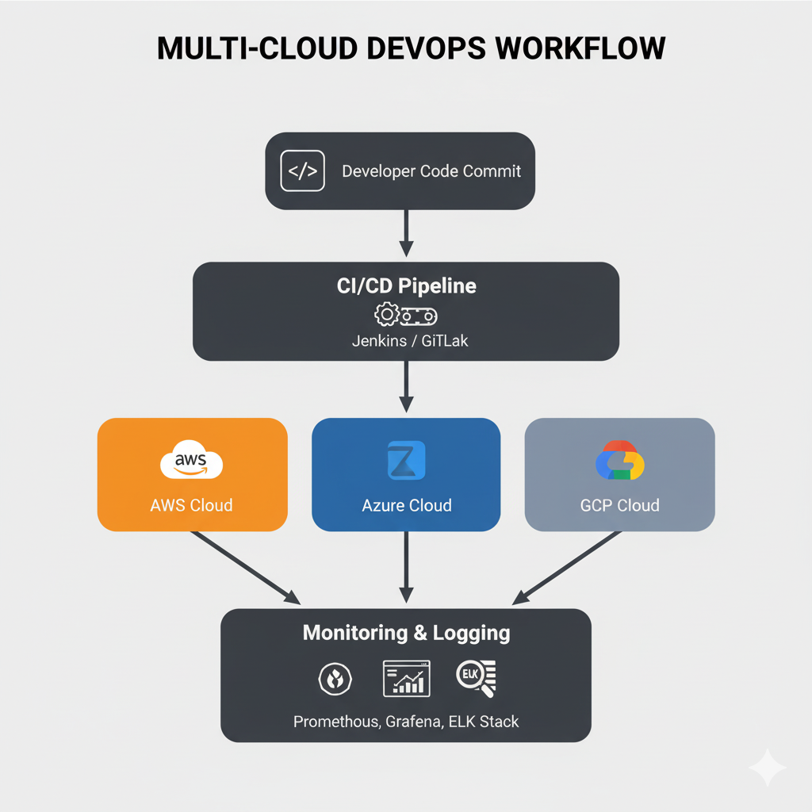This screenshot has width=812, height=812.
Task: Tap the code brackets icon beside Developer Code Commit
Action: click(303, 170)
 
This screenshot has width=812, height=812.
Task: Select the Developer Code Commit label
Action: click(431, 171)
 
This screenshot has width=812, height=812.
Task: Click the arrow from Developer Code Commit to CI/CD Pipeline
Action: click(406, 232)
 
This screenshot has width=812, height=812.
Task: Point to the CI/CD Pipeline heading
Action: click(406, 286)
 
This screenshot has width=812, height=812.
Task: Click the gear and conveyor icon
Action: click(406, 316)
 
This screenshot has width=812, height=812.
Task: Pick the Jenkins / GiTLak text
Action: click(406, 342)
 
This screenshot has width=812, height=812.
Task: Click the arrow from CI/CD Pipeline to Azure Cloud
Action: click(406, 386)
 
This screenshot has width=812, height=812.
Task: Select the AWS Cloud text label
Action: click(191, 505)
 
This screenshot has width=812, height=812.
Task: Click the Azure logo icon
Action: click(406, 462)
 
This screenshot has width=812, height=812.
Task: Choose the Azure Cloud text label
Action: click(406, 505)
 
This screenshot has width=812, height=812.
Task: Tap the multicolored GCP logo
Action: click(619, 462)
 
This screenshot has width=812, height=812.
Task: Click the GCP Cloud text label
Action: click(619, 505)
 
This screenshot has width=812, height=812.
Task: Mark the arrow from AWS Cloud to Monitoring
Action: click(246, 566)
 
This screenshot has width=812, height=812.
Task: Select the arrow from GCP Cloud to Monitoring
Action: click(569, 566)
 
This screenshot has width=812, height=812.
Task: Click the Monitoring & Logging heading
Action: click(406, 633)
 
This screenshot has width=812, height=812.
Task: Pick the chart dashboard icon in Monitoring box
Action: click(406, 679)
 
